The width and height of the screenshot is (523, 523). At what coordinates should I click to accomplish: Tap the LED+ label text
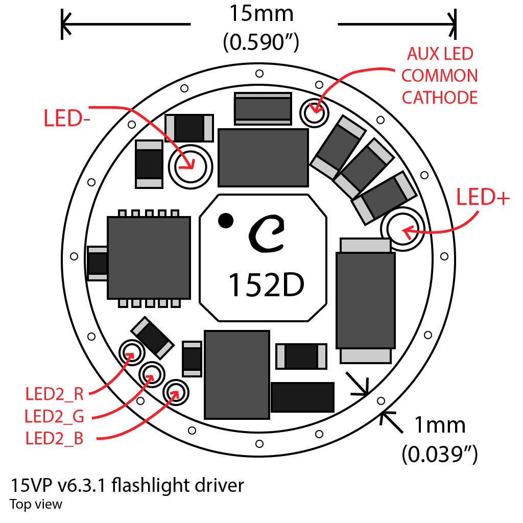point(483,198)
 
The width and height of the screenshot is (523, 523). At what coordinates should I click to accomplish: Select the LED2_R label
point(54,394)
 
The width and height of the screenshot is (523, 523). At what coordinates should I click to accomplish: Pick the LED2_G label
point(54,416)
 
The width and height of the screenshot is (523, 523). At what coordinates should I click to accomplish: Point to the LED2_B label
point(54,439)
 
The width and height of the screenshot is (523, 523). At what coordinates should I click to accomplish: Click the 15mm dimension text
point(261,14)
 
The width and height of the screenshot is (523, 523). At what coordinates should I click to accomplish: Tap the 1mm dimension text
point(440,425)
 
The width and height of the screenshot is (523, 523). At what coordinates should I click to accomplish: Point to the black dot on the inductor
point(225,221)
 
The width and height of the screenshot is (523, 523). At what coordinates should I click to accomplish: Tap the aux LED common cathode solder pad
point(313,112)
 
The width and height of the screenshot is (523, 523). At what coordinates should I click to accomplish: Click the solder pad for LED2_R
point(130,352)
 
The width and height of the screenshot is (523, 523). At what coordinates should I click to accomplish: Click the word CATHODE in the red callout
point(440,97)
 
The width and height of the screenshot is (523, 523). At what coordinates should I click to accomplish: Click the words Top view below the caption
point(36,505)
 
